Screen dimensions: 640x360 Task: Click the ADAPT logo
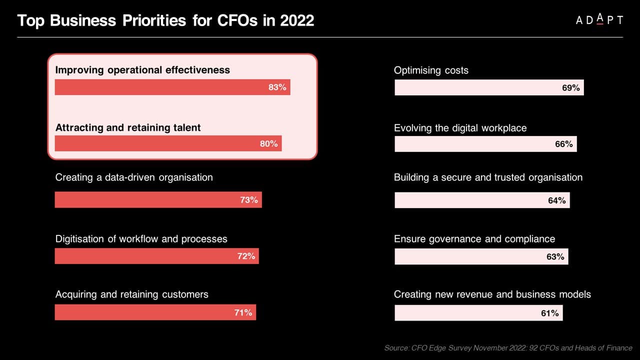pyautogui.click(x=599, y=19)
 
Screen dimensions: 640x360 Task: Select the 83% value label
pyautogui.click(x=277, y=87)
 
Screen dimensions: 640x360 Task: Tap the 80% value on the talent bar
pyautogui.click(x=268, y=143)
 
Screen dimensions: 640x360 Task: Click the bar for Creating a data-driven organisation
pyautogui.click(x=158, y=199)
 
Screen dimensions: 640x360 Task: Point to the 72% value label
pyautogui.click(x=246, y=256)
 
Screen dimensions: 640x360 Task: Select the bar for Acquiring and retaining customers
pyautogui.click(x=155, y=312)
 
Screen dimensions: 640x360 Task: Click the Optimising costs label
pyautogui.click(x=431, y=70)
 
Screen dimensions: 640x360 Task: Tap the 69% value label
pyautogui.click(x=571, y=87)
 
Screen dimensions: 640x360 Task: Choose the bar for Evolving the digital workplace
pyautogui.click(x=485, y=144)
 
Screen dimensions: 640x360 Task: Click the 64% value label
pyautogui.click(x=557, y=200)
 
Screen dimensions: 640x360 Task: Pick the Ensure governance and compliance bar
pyautogui.click(x=481, y=256)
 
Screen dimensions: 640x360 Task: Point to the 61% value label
pyautogui.click(x=549, y=313)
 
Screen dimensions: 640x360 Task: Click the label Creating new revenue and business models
pyautogui.click(x=492, y=294)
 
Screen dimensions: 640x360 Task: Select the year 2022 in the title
pyautogui.click(x=297, y=20)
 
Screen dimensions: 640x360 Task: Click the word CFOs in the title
pyautogui.click(x=237, y=20)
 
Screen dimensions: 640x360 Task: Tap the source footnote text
pyautogui.click(x=508, y=347)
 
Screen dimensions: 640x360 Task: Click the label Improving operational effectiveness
pyautogui.click(x=142, y=70)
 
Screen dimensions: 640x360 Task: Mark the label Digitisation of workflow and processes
pyautogui.click(x=141, y=239)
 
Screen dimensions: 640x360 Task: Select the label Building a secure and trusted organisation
pyautogui.click(x=488, y=177)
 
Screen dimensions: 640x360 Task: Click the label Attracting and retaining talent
pyautogui.click(x=128, y=127)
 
